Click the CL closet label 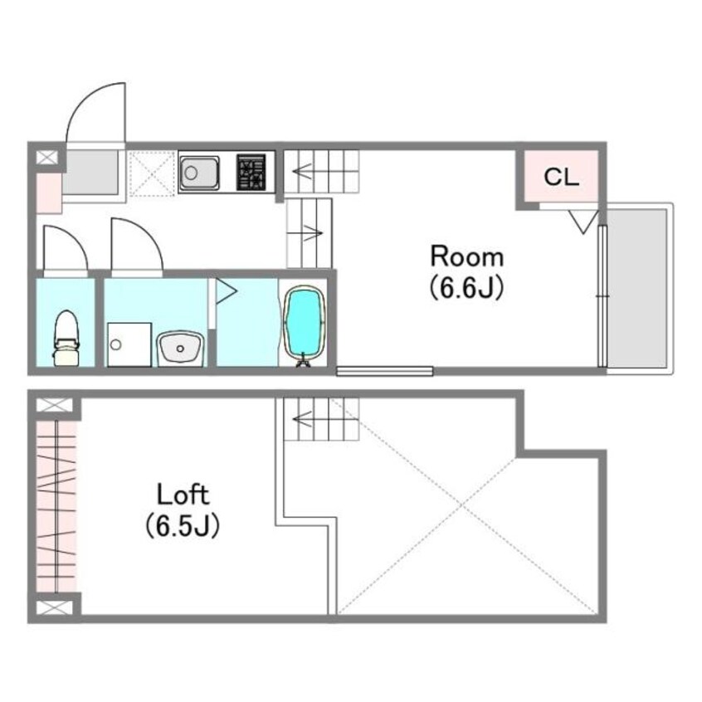coord(562,178)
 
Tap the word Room coord(467,257)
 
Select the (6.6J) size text coord(467,288)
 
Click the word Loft coord(183,495)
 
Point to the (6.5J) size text coord(183,525)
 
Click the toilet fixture coord(66,339)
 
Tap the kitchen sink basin coord(199,173)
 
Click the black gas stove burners coord(251,173)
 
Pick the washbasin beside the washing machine coord(180,348)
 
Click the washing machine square coord(129,344)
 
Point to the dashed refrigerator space coord(151,173)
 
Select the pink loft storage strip coord(56,507)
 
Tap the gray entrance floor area coord(90,173)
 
